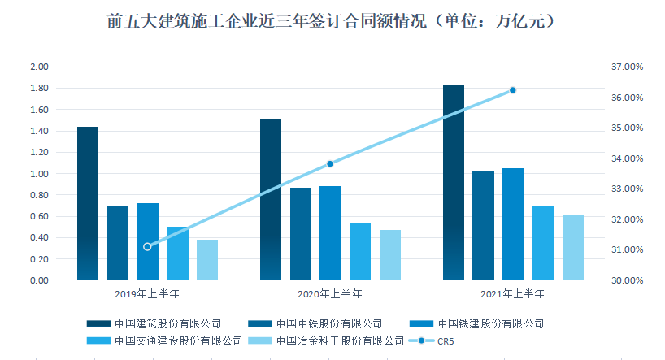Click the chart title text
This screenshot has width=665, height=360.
point(331,21)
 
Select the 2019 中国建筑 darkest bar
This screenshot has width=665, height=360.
point(88,203)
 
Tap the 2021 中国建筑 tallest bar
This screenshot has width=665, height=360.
point(454,182)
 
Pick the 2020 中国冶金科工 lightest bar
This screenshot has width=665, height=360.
point(390,255)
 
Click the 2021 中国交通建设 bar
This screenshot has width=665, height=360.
point(543,243)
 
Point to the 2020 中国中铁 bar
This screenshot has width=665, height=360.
point(301,234)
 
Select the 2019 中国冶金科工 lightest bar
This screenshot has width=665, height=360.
point(207,259)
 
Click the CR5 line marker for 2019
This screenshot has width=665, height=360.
point(147,247)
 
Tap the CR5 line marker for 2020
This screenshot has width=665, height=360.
point(330,163)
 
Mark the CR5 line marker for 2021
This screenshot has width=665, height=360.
point(513,90)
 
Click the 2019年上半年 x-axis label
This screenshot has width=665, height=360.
point(147,293)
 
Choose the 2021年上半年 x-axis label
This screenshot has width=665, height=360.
point(512,293)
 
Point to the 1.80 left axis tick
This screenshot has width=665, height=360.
point(40,89)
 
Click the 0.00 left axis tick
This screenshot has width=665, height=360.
point(40,280)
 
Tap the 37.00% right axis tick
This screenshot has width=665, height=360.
point(628,67)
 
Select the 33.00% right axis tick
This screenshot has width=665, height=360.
point(628,189)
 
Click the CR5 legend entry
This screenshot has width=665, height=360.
point(432,341)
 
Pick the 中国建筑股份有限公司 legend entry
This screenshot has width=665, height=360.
point(154,324)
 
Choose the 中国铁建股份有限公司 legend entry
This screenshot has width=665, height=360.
point(476,324)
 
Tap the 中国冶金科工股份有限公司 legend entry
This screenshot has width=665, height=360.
point(326,341)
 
